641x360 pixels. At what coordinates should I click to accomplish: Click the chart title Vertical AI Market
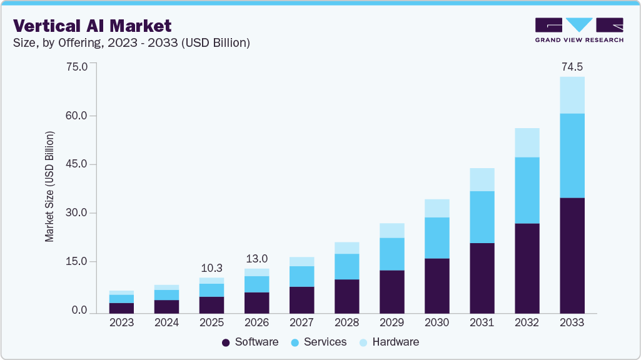point(92,26)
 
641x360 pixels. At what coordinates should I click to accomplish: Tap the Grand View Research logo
point(579,30)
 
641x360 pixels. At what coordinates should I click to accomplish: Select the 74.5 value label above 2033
point(572,66)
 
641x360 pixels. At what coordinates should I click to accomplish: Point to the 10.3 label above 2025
point(211,267)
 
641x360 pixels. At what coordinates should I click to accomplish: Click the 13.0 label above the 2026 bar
point(256,258)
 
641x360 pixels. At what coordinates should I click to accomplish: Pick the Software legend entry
point(250,342)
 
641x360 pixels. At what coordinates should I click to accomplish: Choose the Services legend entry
point(318,342)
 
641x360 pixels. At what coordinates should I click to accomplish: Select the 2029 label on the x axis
point(391,322)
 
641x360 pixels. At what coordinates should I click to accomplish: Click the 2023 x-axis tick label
point(121,322)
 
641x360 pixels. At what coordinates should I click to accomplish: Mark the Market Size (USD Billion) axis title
point(49,187)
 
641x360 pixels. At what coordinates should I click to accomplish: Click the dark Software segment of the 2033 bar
point(572,255)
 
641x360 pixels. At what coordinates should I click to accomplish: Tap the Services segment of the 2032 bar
point(527,190)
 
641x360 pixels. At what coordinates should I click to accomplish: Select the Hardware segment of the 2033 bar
point(572,95)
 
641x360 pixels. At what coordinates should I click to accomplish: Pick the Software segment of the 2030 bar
point(437,285)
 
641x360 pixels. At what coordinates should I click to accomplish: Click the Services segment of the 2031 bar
point(482,217)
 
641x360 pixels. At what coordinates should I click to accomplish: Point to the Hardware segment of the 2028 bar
point(346,248)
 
